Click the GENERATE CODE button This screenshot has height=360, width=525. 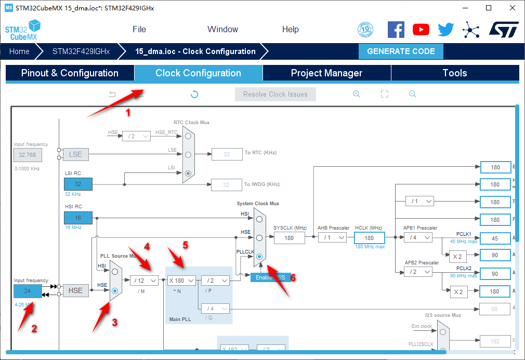coord(401,51)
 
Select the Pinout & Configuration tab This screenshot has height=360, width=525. coord(70,73)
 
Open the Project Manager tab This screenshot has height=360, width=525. coord(326,73)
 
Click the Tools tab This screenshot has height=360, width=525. coord(454,73)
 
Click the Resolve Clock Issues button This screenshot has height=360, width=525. coord(275,95)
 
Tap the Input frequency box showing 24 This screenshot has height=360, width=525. coord(28,291)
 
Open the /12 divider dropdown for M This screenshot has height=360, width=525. coord(144,281)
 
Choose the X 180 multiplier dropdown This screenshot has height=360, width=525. coord(181,281)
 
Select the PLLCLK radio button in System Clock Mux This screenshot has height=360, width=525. coord(259,257)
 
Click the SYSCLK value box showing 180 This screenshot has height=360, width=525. coord(289,237)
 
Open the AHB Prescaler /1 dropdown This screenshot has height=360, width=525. coord(332,237)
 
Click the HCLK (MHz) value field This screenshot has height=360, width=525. coord(369,238)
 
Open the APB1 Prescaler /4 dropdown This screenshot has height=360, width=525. coord(417,237)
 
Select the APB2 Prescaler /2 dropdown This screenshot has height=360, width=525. coord(417,272)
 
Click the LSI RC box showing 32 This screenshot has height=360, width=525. coord(78,184)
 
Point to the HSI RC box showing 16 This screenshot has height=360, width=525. coord(78,218)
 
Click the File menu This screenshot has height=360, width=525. coord(139,30)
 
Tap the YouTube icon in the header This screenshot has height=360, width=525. coord(421,30)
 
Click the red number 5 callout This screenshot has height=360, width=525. coord(185,244)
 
